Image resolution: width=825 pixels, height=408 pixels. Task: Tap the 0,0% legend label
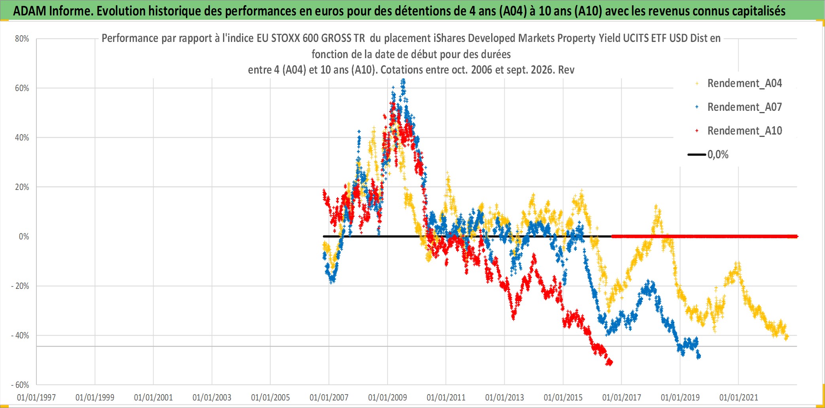coord(718,155)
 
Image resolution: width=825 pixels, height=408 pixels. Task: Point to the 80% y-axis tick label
coord(22,39)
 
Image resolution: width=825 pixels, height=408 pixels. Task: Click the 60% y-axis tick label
coord(22,88)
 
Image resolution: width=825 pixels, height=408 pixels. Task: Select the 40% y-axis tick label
coord(22,138)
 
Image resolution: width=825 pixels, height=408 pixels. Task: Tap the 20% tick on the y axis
coord(22,187)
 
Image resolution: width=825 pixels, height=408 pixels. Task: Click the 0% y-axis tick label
coord(24,237)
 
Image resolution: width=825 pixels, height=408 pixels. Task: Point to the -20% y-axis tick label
coord(20,286)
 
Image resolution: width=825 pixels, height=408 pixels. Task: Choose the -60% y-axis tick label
coord(20,385)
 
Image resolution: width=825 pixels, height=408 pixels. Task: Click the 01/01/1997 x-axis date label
coord(36,397)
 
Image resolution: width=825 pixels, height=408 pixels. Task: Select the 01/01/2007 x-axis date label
coord(329,397)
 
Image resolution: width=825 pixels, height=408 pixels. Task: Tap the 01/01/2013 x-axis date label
coord(505,397)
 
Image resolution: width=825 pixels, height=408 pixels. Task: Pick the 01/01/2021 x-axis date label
coord(739,397)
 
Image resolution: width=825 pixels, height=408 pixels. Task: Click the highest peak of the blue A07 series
coord(403,80)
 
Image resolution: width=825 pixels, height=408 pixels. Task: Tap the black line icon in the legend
coord(697,155)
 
